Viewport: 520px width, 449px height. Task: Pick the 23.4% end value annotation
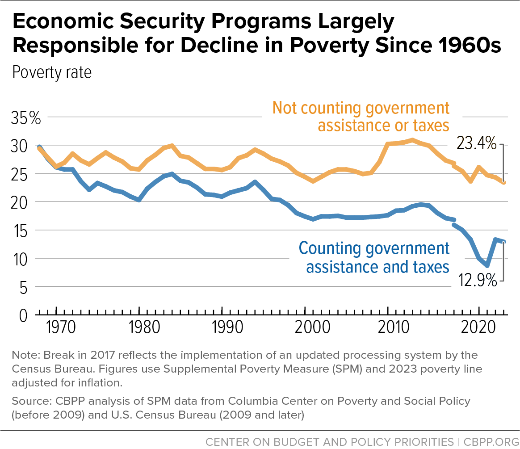[476, 144]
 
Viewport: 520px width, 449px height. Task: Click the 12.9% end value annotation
[476, 281]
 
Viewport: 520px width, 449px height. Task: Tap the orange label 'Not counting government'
[361, 108]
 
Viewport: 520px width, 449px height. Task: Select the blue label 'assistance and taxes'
[377, 267]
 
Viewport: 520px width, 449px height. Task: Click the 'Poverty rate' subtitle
[52, 72]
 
